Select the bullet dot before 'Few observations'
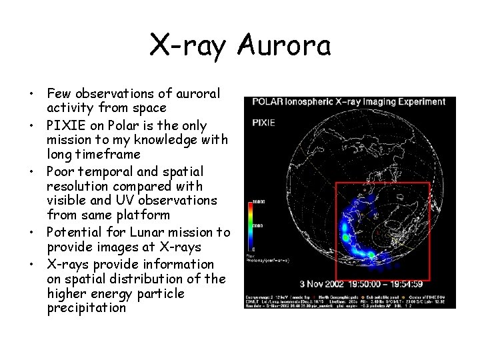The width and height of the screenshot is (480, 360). point(32,94)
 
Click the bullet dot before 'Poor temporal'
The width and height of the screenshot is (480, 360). point(32,171)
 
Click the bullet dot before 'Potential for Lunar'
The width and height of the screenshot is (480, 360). point(32,233)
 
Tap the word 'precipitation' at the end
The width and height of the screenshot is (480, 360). point(87,308)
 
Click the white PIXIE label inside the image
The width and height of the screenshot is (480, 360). point(264,123)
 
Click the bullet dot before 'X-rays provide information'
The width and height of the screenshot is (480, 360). point(32,264)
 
